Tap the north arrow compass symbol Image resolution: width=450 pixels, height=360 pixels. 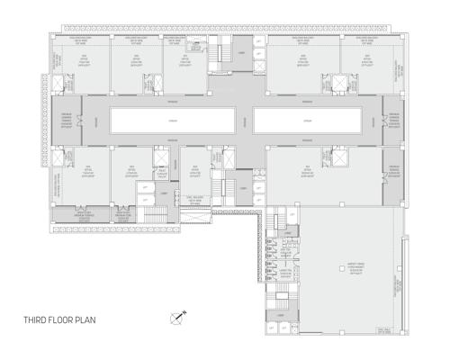click(x=177, y=316)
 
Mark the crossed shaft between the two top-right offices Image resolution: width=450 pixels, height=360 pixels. click(x=339, y=84)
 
